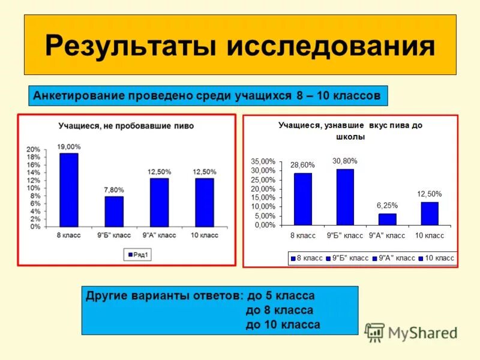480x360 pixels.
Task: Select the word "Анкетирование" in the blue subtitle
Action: click(x=77, y=95)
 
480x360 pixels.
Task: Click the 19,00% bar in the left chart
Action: click(x=68, y=190)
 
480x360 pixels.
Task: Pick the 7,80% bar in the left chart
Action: click(x=114, y=211)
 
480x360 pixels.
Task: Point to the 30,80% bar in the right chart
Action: click(x=345, y=197)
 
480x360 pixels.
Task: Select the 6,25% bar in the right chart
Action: click(x=388, y=219)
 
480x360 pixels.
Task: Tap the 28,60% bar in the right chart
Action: click(x=303, y=199)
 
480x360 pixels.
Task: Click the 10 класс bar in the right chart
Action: click(x=430, y=213)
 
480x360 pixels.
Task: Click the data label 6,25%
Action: click(x=388, y=205)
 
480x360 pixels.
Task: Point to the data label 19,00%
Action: click(x=68, y=146)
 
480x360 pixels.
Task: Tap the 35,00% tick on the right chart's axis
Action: click(x=263, y=162)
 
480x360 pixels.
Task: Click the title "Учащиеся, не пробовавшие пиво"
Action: click(x=126, y=126)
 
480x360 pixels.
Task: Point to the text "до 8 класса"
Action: click(x=280, y=310)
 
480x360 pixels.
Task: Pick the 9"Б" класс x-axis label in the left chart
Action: click(x=114, y=235)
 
